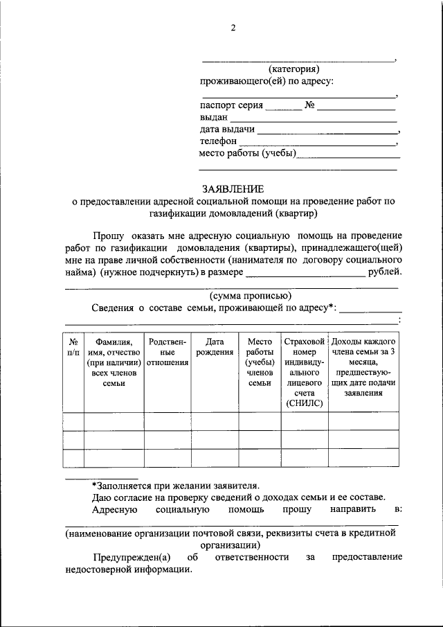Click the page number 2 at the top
[233, 28]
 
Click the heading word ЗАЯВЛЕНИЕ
[233, 188]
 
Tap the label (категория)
[293, 69]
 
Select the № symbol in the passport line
[309, 106]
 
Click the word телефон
[217, 141]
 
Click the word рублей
[385, 272]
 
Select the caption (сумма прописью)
[245, 296]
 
